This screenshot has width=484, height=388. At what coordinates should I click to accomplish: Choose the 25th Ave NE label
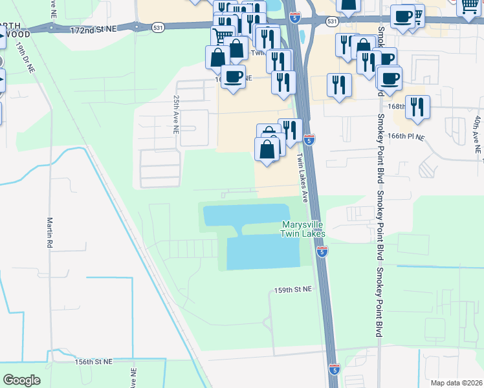point(175,114)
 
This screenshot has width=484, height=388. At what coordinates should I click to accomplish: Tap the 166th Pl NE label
point(406,136)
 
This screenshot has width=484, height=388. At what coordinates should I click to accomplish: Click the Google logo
point(21,380)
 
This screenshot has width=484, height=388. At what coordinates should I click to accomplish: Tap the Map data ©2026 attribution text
point(456,383)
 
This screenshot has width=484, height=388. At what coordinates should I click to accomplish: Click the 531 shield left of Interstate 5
point(158,27)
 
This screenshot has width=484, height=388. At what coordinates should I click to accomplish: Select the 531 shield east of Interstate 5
point(332,21)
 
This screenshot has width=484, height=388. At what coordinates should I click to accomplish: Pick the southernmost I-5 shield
point(334,369)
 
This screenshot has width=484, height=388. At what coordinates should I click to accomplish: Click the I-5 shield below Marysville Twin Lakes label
point(322,251)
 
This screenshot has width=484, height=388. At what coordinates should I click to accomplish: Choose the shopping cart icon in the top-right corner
point(470,7)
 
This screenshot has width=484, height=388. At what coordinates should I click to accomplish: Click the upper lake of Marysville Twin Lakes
point(246,214)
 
